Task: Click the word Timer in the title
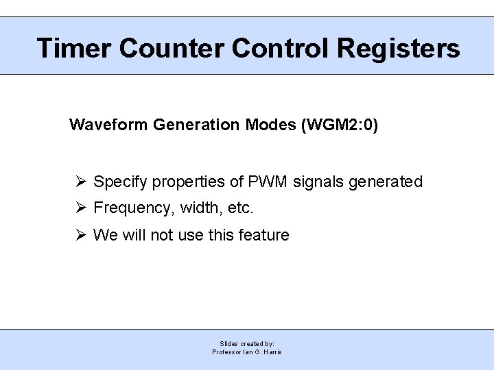coord(74,48)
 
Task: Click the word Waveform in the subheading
coord(109,125)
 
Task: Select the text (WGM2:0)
coord(340,125)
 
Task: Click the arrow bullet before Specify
coord(80,182)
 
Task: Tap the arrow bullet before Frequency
coord(80,208)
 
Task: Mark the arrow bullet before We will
coord(80,235)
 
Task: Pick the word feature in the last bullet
coord(264,235)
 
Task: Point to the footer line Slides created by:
coord(247,343)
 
